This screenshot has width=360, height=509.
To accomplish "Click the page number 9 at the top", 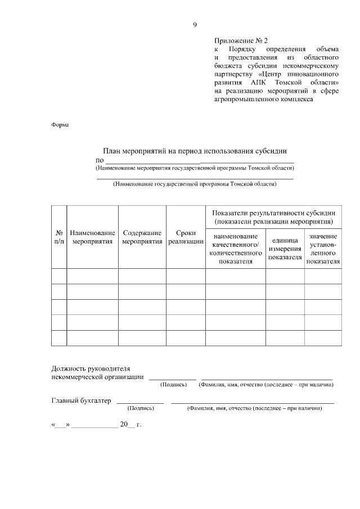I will [x=195, y=25].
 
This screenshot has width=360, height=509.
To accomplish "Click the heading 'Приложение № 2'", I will [x=242, y=41].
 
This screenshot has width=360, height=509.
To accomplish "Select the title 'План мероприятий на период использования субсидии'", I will [x=195, y=151].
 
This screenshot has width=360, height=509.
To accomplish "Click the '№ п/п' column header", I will [x=59, y=237].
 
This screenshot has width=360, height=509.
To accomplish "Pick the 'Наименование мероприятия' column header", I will [x=93, y=237].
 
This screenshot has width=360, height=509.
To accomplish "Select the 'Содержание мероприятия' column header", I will [x=142, y=237].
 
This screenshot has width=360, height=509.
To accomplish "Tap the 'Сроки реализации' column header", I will [x=186, y=237].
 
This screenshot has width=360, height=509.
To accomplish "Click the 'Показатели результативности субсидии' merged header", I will [x=274, y=217].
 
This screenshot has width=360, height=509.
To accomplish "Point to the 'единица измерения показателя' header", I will [x=285, y=249].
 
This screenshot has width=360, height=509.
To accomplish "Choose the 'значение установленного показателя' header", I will [x=323, y=249].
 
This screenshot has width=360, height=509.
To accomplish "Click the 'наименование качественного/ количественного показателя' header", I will [x=236, y=249].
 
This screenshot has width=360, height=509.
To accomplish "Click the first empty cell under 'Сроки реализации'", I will [x=186, y=276].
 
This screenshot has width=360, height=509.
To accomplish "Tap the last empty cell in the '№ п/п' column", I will [x=59, y=337].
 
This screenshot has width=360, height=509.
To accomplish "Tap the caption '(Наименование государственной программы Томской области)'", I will [x=195, y=184].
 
